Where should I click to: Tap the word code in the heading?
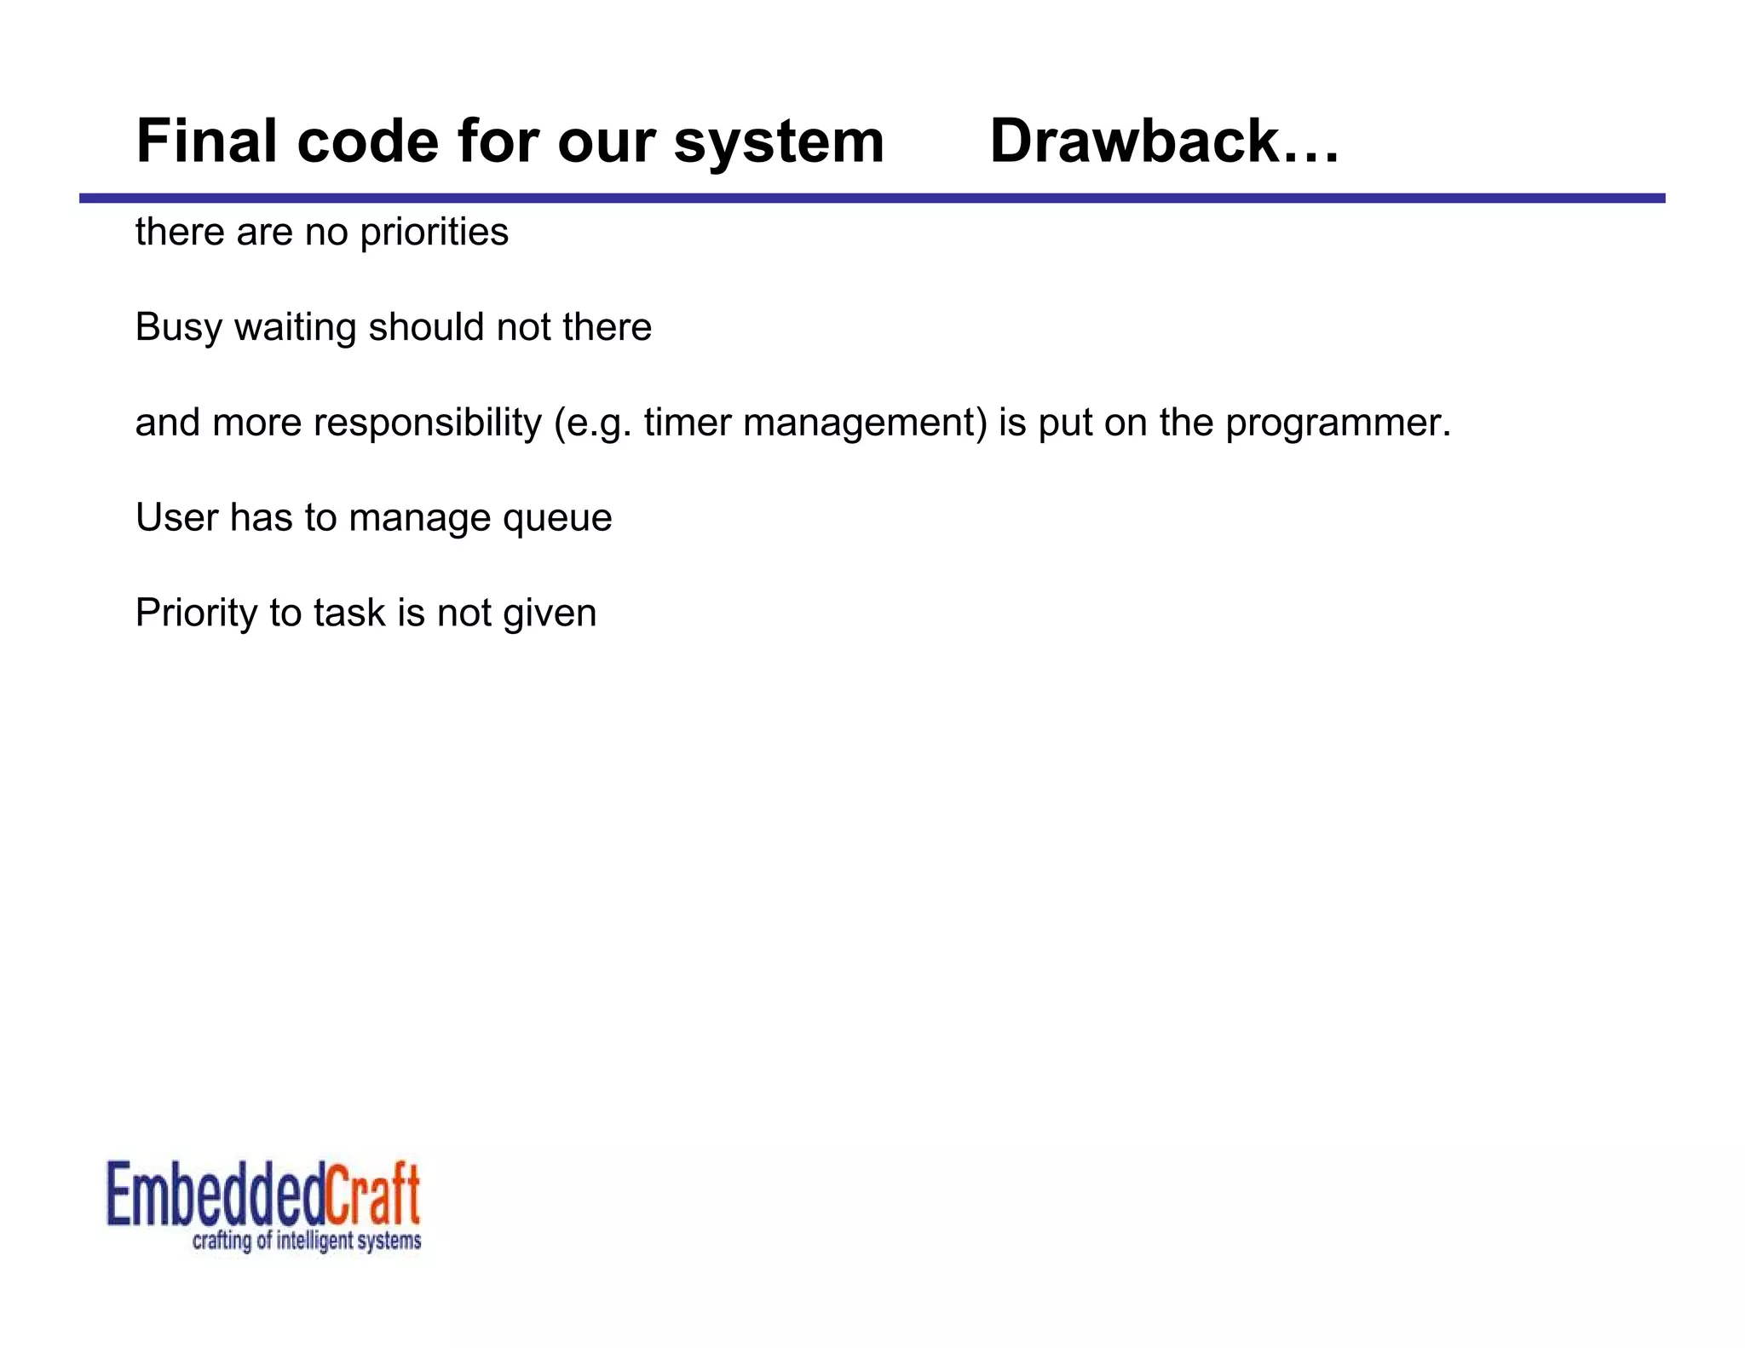pyautogui.click(x=366, y=141)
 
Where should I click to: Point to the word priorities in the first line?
pyautogui.click(x=434, y=233)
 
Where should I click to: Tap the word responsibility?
pyautogui.click(x=427, y=423)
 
